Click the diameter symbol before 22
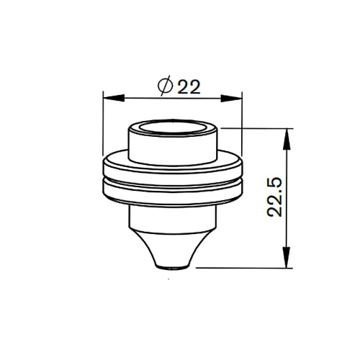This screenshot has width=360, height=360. coord(163,86)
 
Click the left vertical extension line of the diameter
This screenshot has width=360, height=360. coord(104,126)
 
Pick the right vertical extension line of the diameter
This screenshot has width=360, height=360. coord(240,126)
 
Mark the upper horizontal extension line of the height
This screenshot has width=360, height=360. coord(259,128)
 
